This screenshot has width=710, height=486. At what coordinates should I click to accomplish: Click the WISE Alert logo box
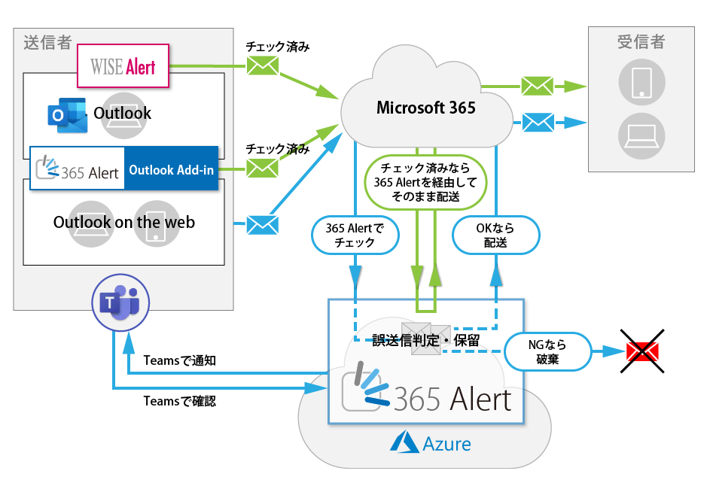(124, 66)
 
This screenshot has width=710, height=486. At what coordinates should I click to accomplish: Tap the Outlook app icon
(66, 114)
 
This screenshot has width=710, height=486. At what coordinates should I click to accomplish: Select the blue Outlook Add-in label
(171, 170)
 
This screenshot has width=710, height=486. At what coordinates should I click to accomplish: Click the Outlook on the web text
(124, 222)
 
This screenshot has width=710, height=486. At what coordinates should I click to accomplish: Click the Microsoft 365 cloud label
(425, 108)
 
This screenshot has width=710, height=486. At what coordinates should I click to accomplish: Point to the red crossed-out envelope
(642, 351)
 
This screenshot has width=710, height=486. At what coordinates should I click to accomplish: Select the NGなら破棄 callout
(547, 351)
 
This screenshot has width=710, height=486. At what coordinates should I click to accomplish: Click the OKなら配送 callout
(496, 235)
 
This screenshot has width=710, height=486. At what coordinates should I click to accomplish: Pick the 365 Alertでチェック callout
(355, 235)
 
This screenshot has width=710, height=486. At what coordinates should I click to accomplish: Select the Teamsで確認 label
(179, 402)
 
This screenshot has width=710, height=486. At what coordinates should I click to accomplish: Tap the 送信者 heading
(47, 43)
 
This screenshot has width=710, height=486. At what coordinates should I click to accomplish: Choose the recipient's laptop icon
(641, 135)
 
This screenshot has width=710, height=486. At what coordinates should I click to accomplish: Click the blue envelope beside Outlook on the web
(263, 224)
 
